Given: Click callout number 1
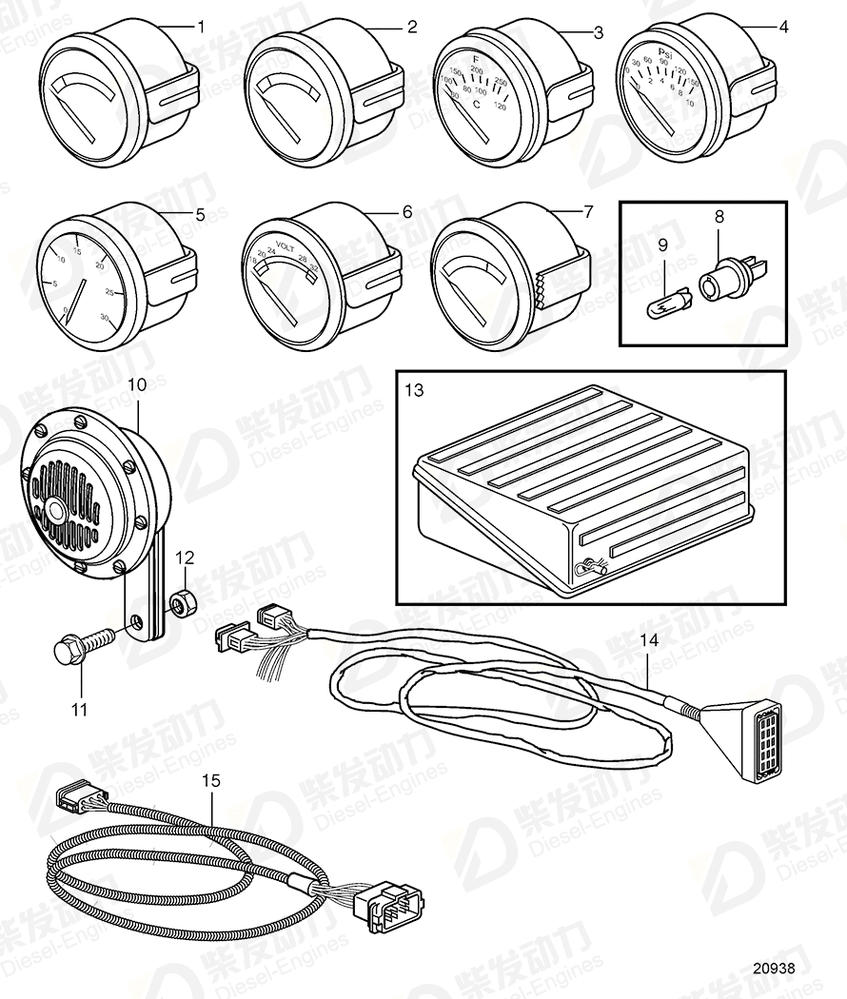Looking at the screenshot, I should pos(201,28).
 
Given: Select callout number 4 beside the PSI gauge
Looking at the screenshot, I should pos(783,27).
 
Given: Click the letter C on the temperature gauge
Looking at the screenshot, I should pos(477,108).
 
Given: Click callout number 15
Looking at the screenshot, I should pos(211,780).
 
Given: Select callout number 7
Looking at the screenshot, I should pos(587,211).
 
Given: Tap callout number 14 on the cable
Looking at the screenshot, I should pos(648,641).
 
